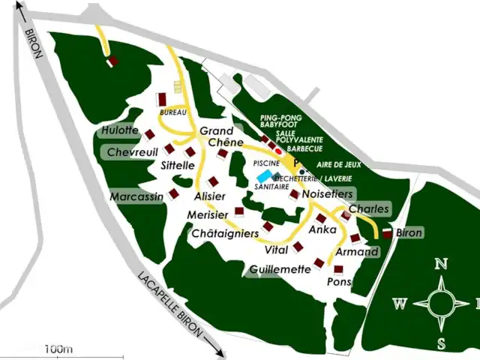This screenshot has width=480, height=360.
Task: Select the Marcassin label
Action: pos(136,196)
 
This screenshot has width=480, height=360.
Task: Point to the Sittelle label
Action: pos(178,165)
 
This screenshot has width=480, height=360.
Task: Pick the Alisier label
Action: pos(209,196)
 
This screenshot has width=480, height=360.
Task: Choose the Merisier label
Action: pos(208,215)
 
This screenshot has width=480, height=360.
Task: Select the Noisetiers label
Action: pos(327,193)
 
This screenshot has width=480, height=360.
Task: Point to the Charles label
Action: pos(370,208)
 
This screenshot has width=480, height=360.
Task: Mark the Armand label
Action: pos(356,252)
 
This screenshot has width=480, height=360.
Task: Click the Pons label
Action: pos(339,282)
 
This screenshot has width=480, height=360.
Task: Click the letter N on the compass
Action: pos(442,263)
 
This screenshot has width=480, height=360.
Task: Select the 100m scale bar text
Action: pos(58,349)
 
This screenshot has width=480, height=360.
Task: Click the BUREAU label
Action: pos(172,112)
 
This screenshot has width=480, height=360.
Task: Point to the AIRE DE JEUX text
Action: pos(336,163)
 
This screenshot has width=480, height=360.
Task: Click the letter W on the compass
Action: pos(400,304)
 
